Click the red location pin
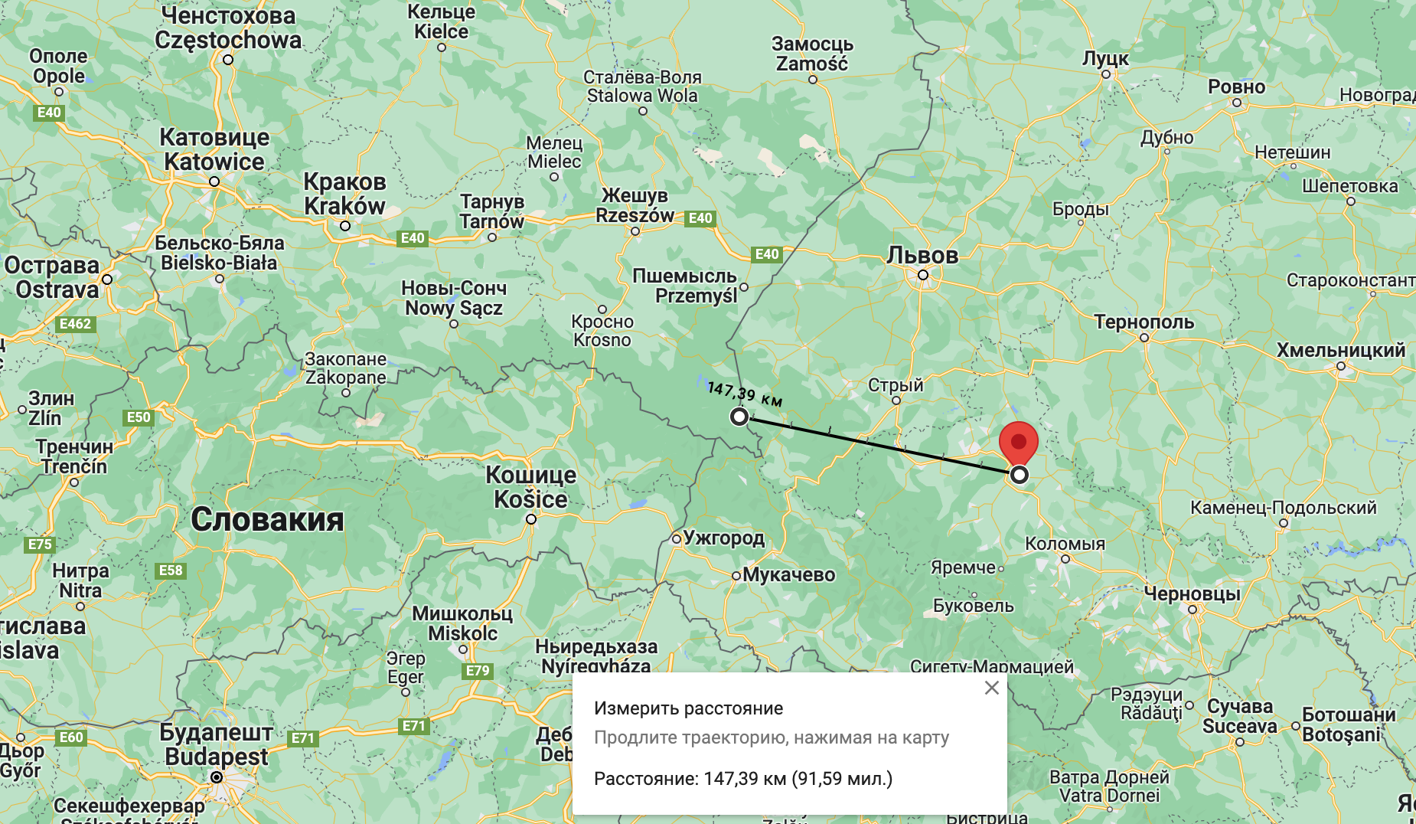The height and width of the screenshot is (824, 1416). [1018, 443]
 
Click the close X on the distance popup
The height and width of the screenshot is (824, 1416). [992, 688]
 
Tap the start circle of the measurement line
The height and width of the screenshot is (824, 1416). [739, 417]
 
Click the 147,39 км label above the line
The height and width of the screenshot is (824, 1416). [745, 394]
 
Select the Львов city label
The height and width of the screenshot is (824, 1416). [922, 255]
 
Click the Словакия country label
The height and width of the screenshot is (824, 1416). [267, 519]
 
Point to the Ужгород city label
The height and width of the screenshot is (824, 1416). [723, 538]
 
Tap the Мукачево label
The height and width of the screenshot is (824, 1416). [788, 574]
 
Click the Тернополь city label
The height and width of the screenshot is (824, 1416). [1144, 322]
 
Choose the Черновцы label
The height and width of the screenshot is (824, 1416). [1192, 593]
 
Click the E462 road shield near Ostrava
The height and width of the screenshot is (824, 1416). [75, 324]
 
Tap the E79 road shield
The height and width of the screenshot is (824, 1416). [478, 671]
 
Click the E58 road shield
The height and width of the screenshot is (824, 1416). [171, 571]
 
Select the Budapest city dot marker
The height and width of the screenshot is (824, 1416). [217, 777]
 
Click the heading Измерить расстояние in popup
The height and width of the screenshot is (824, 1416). [688, 708]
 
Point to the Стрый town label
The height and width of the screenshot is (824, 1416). [896, 385]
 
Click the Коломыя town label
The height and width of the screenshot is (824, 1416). [1065, 544]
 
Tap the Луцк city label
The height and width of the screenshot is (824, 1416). [1104, 58]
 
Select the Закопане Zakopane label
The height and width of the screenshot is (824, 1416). [346, 368]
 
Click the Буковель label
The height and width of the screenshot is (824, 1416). [973, 606]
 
